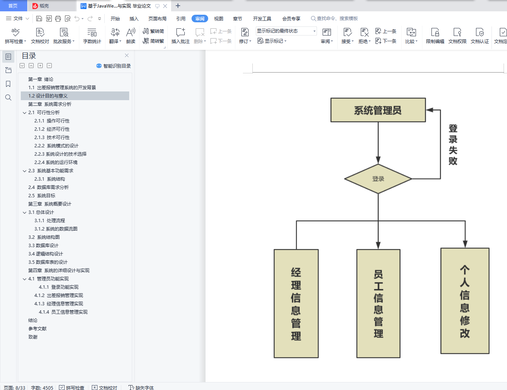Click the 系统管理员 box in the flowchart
click(378, 110)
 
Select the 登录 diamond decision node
click(378, 179)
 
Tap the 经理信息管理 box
click(296, 303)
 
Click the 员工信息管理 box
click(378, 303)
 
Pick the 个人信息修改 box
click(465, 301)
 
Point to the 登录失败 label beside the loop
click(453, 145)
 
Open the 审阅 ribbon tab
click(199, 19)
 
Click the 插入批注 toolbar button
click(180, 36)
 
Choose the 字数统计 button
click(92, 36)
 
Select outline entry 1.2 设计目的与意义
click(48, 96)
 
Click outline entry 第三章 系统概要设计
click(49, 204)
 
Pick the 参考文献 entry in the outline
click(37, 329)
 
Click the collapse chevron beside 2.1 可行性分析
click(25, 113)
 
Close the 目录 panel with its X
click(127, 56)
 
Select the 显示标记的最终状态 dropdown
click(286, 31)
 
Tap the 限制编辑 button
click(435, 36)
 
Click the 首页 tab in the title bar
click(13, 6)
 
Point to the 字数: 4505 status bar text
click(42, 388)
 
